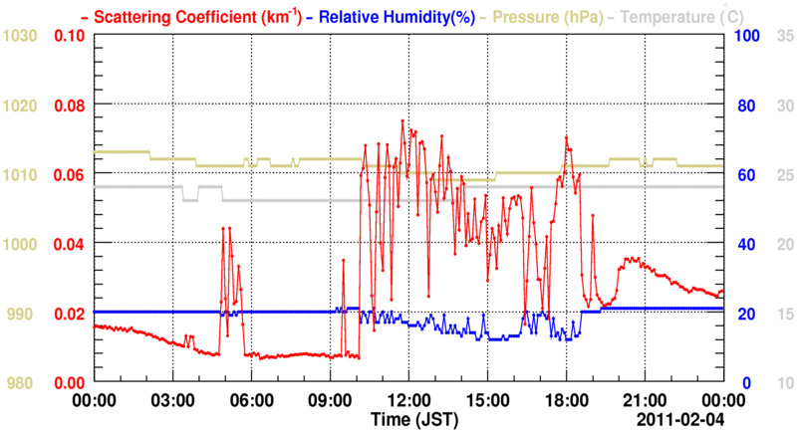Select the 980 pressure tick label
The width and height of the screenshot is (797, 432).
(x=24, y=383)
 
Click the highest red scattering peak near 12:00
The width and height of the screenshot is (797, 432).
(x=402, y=120)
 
